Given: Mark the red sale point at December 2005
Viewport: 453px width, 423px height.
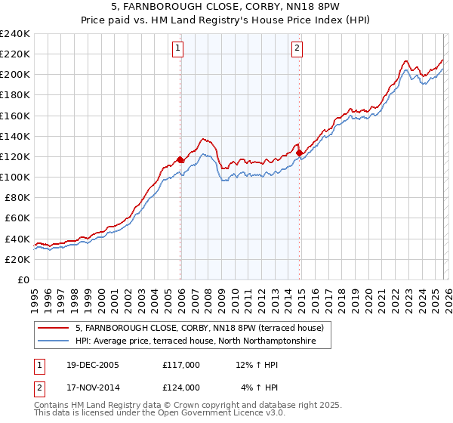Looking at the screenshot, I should point(180,160).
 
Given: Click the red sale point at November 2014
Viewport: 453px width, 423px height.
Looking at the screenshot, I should point(300,153).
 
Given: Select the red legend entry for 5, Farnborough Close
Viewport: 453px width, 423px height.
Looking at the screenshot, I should point(199,328).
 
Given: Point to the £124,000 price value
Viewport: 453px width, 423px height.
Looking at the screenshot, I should point(181,387).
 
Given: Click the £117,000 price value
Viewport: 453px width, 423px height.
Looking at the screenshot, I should point(181,365).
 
